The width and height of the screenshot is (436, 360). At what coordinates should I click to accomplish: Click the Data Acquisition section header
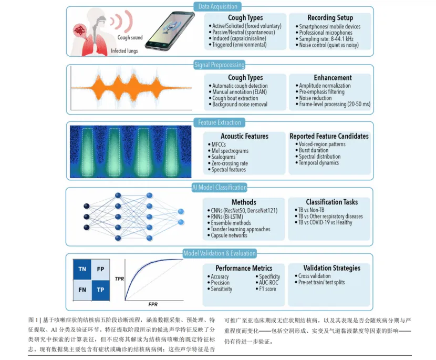click(217, 6)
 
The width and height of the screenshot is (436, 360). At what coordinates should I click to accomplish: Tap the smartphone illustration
click(169, 31)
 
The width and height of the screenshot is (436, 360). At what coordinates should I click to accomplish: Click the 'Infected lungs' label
click(124, 50)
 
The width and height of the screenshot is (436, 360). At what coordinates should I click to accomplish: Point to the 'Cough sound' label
click(130, 37)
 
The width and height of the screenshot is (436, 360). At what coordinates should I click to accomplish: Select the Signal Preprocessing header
click(220, 65)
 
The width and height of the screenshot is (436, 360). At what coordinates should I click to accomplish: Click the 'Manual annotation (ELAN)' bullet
click(238, 92)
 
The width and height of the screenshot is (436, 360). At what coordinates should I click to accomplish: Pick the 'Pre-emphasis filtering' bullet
click(320, 92)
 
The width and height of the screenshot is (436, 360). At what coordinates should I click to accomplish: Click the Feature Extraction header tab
click(220, 122)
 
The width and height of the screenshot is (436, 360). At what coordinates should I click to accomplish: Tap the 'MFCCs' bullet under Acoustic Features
click(217, 145)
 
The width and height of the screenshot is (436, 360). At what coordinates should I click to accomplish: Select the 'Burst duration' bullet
click(312, 150)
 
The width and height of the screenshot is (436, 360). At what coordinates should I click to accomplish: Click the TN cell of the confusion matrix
click(82, 269)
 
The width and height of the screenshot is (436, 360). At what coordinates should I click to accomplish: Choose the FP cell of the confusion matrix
click(100, 269)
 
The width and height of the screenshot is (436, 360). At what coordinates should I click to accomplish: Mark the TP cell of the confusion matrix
click(100, 290)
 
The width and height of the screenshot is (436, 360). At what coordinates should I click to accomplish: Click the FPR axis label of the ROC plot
click(153, 304)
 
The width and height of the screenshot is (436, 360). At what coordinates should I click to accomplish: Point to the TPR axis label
click(119, 279)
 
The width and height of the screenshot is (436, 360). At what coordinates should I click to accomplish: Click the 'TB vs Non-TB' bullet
click(309, 210)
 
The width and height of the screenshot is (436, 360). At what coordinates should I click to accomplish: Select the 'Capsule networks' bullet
click(227, 235)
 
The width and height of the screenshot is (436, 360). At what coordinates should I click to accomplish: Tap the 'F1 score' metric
click(266, 289)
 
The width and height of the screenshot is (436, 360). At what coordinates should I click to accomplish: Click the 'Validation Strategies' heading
click(331, 268)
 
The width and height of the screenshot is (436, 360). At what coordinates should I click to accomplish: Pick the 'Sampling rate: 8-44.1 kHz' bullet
click(325, 39)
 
